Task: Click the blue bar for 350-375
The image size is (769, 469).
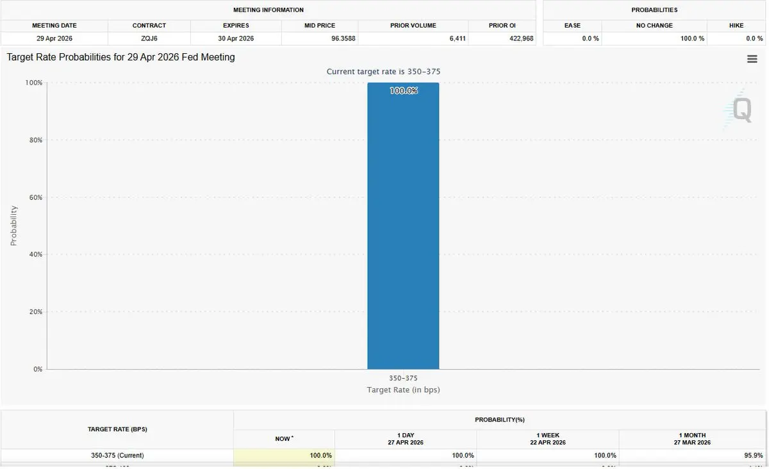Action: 403,231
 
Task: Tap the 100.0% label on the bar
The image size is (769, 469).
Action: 403,91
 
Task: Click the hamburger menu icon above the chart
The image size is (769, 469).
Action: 752,59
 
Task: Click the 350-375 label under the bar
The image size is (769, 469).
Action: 403,378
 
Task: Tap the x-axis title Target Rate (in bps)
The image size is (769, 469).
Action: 403,390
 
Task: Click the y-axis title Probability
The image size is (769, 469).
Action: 13,226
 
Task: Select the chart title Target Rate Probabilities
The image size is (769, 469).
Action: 121,57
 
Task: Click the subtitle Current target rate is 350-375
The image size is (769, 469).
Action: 383,71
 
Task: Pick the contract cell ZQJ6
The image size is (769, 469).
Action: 149,38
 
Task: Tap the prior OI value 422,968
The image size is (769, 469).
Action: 520,38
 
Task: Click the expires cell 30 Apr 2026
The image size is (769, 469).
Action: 236,38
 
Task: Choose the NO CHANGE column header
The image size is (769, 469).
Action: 654,26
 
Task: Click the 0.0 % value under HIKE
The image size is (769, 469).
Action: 751,38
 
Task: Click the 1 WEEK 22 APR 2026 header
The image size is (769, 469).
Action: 547,439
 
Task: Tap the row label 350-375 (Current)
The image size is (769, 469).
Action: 117,456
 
